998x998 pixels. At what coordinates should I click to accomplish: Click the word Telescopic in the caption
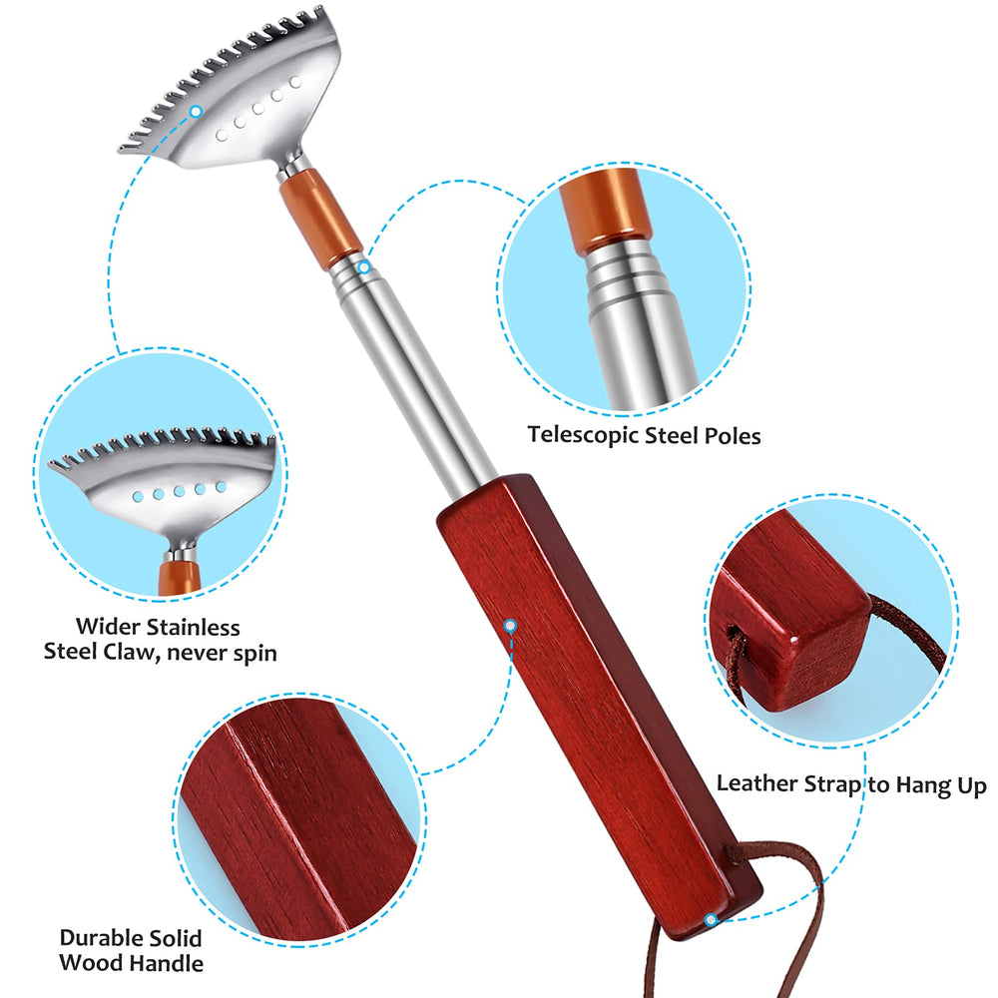[x=583, y=436]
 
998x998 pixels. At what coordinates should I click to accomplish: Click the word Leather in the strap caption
[x=756, y=783]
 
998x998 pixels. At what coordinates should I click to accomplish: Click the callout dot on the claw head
[x=196, y=112]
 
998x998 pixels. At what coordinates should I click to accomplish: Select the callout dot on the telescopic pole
[x=364, y=267]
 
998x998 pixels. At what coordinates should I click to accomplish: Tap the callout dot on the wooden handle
[x=510, y=627]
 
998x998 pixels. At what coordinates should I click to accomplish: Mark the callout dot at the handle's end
[x=711, y=920]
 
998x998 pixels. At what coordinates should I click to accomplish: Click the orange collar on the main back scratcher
[x=320, y=218]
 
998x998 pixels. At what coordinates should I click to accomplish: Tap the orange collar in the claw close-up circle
[x=180, y=576]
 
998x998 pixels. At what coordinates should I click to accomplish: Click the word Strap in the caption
[x=832, y=784]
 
